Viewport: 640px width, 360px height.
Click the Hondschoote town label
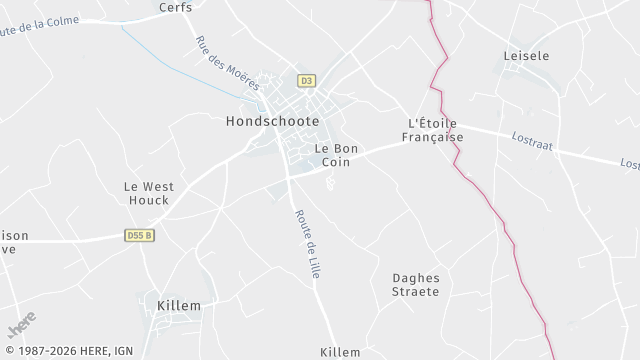pyautogui.click(x=266, y=121)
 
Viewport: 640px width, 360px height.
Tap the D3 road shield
pyautogui.click(x=306, y=80)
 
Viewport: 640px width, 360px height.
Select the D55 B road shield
pyautogui.click(x=140, y=236)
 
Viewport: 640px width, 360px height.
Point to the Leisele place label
pyautogui.click(x=529, y=56)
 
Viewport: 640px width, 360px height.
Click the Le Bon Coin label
pyautogui.click(x=336, y=155)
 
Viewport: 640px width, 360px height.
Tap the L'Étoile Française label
pyautogui.click(x=435, y=130)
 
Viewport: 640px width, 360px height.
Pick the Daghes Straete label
pyautogui.click(x=416, y=285)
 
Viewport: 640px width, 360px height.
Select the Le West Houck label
pyautogui.click(x=148, y=193)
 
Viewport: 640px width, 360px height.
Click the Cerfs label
pyautogui.click(x=176, y=7)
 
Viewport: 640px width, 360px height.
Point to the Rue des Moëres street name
pyautogui.click(x=227, y=63)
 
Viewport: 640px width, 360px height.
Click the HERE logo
pyautogui.click(x=22, y=324)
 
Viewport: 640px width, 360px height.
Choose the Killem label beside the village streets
pyautogui.click(x=179, y=305)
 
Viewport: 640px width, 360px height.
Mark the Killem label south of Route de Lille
pyautogui.click(x=340, y=352)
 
